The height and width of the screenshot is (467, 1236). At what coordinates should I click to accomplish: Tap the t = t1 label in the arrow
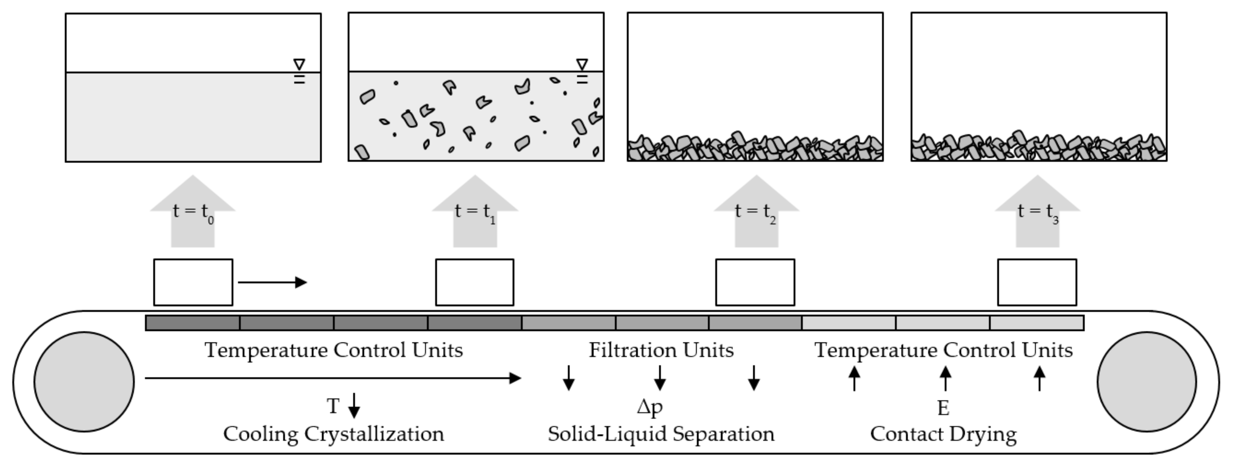point(474,211)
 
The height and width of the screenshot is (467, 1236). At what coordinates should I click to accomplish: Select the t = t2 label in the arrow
point(756,211)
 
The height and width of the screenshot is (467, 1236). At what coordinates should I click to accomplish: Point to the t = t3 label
point(1038,211)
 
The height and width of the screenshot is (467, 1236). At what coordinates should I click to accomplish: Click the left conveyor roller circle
point(84,382)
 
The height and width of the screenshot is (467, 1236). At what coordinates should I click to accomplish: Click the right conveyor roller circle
point(1147,382)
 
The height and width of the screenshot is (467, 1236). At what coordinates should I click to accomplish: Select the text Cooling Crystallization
point(334,434)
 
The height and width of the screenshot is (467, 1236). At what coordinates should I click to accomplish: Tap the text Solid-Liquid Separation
point(661,434)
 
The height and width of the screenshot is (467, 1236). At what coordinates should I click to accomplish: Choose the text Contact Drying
point(943,434)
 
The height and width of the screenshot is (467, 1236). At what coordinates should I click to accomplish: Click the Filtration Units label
point(661,350)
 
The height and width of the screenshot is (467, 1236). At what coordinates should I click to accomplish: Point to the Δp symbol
point(650,407)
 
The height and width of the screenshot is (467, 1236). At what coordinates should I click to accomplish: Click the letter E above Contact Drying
point(943,408)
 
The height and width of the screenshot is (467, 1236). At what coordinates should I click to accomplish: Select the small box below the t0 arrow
point(193,282)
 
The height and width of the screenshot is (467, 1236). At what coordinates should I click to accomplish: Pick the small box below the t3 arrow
point(1037,282)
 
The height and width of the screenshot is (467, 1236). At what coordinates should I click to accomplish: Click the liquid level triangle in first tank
point(299,64)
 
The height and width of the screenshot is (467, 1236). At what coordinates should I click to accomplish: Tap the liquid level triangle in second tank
point(582,64)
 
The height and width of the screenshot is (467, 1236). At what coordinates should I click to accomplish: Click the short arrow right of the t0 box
point(272,282)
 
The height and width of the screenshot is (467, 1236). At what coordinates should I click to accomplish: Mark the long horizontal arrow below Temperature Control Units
point(332,378)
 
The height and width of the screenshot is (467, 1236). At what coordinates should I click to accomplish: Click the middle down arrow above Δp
point(660,378)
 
